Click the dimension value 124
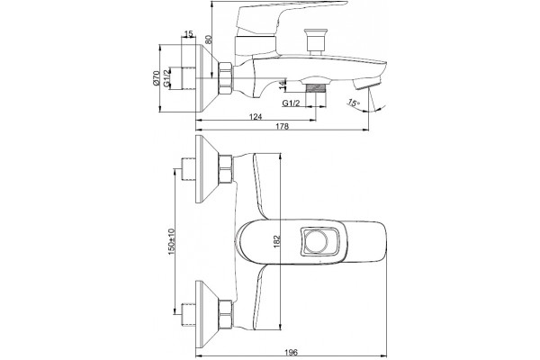click(256, 116)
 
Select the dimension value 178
click(282, 126)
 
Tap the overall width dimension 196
click(291, 352)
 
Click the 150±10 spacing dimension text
click(171, 242)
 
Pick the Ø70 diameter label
click(157, 78)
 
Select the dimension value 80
click(209, 39)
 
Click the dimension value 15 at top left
click(189, 34)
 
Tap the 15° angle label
click(354, 103)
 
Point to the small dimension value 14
click(282, 85)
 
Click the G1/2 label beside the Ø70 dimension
click(166, 78)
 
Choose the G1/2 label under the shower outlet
click(291, 103)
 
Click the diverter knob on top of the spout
click(315, 41)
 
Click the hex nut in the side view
click(226, 78)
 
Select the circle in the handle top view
click(318, 241)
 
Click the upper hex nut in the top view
click(226, 169)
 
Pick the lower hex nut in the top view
click(226, 313)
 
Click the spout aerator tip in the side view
click(367, 84)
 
